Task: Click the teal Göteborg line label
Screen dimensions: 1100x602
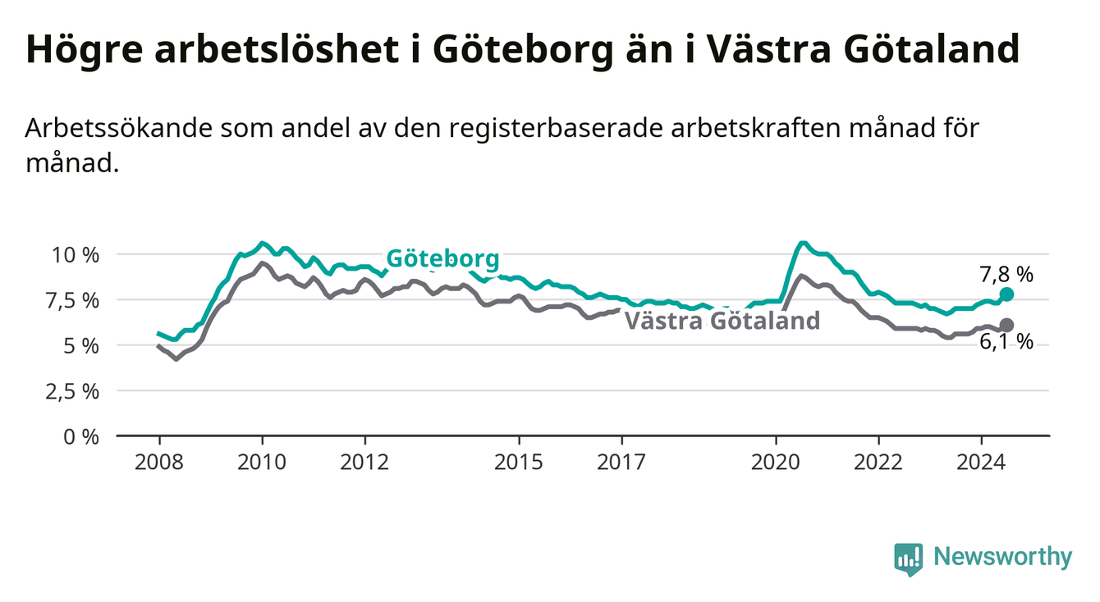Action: coord(442,259)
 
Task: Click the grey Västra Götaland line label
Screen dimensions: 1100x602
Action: coord(722,321)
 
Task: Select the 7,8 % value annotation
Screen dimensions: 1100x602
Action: coord(1006,276)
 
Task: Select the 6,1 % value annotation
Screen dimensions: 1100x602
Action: coord(1006,342)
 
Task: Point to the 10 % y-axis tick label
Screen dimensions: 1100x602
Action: coord(76,256)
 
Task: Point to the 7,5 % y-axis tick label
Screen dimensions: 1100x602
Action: coord(72,301)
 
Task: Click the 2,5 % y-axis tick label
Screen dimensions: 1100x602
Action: coord(72,392)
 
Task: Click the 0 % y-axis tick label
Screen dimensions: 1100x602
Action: coord(81,437)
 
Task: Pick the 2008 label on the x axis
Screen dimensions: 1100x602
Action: coord(158,463)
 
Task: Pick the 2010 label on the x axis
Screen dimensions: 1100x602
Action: coord(262,463)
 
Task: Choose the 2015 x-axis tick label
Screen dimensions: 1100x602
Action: coord(519,463)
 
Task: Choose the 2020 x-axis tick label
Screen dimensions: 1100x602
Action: coord(776,463)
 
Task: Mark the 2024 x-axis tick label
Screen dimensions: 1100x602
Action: coord(981,463)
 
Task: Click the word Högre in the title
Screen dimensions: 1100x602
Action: coord(84,50)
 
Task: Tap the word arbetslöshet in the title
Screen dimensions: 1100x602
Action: coord(277,49)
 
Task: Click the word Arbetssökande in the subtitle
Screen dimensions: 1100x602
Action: coord(119,129)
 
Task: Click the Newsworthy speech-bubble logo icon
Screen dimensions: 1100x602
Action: coord(909,559)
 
